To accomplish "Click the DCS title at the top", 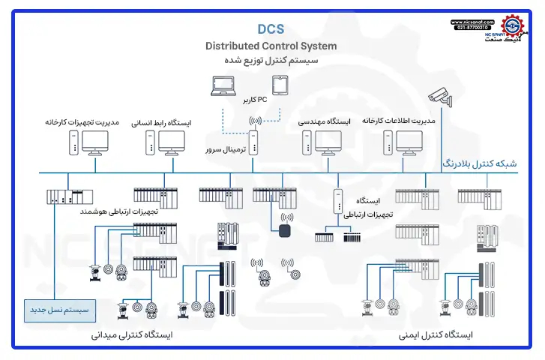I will coord(271,28).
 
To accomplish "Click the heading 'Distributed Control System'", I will coord(271,46).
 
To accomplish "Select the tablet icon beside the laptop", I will coord(280,87).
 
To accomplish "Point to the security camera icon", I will coord(441,96).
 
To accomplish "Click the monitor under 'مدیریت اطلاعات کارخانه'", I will coord(409,141).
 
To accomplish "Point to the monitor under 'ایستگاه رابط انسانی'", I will coord(172,141).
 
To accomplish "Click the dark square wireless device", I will coord(286,230).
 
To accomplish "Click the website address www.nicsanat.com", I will coord(472,22).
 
